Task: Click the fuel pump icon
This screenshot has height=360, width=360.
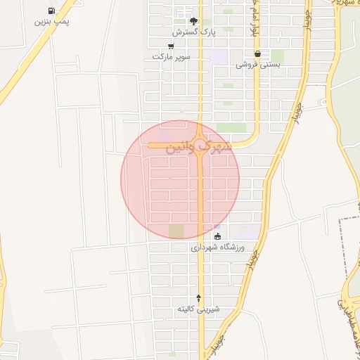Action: (x=51, y=11)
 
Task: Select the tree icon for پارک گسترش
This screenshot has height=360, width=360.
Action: (x=194, y=22)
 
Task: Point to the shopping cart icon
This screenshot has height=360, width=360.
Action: (x=171, y=46)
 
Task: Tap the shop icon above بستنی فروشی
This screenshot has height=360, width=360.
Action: (x=257, y=53)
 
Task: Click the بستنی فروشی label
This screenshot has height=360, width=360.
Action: (x=257, y=64)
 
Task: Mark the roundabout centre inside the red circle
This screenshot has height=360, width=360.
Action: (x=201, y=143)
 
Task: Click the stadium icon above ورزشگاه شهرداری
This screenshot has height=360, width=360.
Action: (x=217, y=236)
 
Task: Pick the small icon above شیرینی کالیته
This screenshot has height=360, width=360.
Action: (x=198, y=298)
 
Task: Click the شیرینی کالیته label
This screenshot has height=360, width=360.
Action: (x=198, y=309)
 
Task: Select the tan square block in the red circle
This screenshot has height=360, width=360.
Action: (x=176, y=231)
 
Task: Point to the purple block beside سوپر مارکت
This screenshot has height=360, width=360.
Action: (x=219, y=57)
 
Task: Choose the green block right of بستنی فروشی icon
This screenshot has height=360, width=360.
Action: (x=277, y=56)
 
